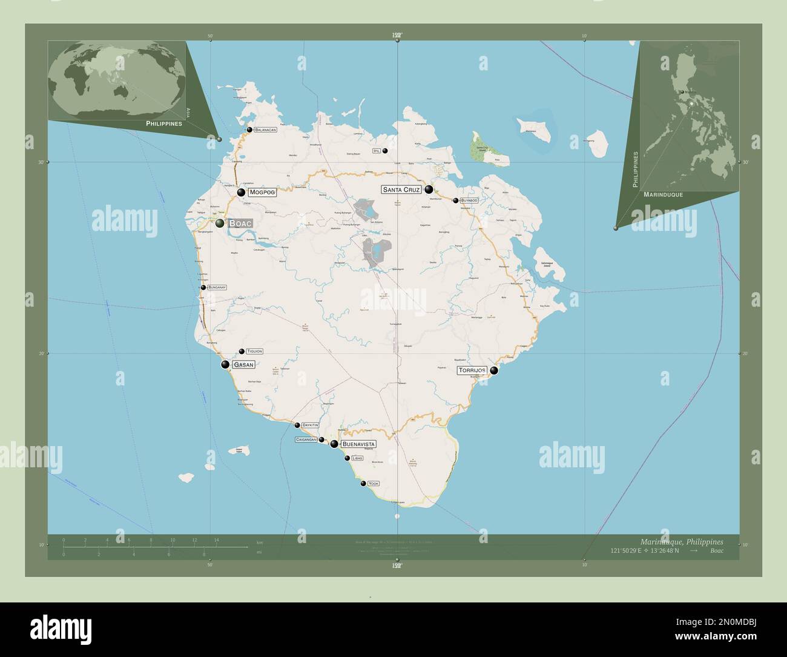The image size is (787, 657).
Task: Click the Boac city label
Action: click(240, 223)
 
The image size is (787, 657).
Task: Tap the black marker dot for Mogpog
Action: click(241, 193)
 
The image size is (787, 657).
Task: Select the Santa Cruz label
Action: click(401, 190)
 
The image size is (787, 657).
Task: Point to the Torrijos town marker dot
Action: click(494, 370)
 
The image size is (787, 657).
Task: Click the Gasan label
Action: click(243, 365)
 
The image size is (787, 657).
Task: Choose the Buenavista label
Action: click(358, 444)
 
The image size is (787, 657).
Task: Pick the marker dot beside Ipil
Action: click(385, 151)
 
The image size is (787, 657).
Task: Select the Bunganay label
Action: click(217, 287)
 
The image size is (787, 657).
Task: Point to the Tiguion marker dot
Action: click(242, 352)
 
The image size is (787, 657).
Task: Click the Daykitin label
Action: click(310, 425)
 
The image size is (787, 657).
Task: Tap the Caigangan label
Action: click(306, 439)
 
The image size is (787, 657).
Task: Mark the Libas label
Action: click(357, 459)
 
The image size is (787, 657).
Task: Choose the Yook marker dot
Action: click(363, 484)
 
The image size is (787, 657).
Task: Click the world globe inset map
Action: click(117, 80)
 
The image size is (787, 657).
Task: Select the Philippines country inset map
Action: click(690, 115)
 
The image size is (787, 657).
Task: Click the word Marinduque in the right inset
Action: click(664, 195)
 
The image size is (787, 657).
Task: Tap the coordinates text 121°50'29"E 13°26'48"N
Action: click(645, 550)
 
